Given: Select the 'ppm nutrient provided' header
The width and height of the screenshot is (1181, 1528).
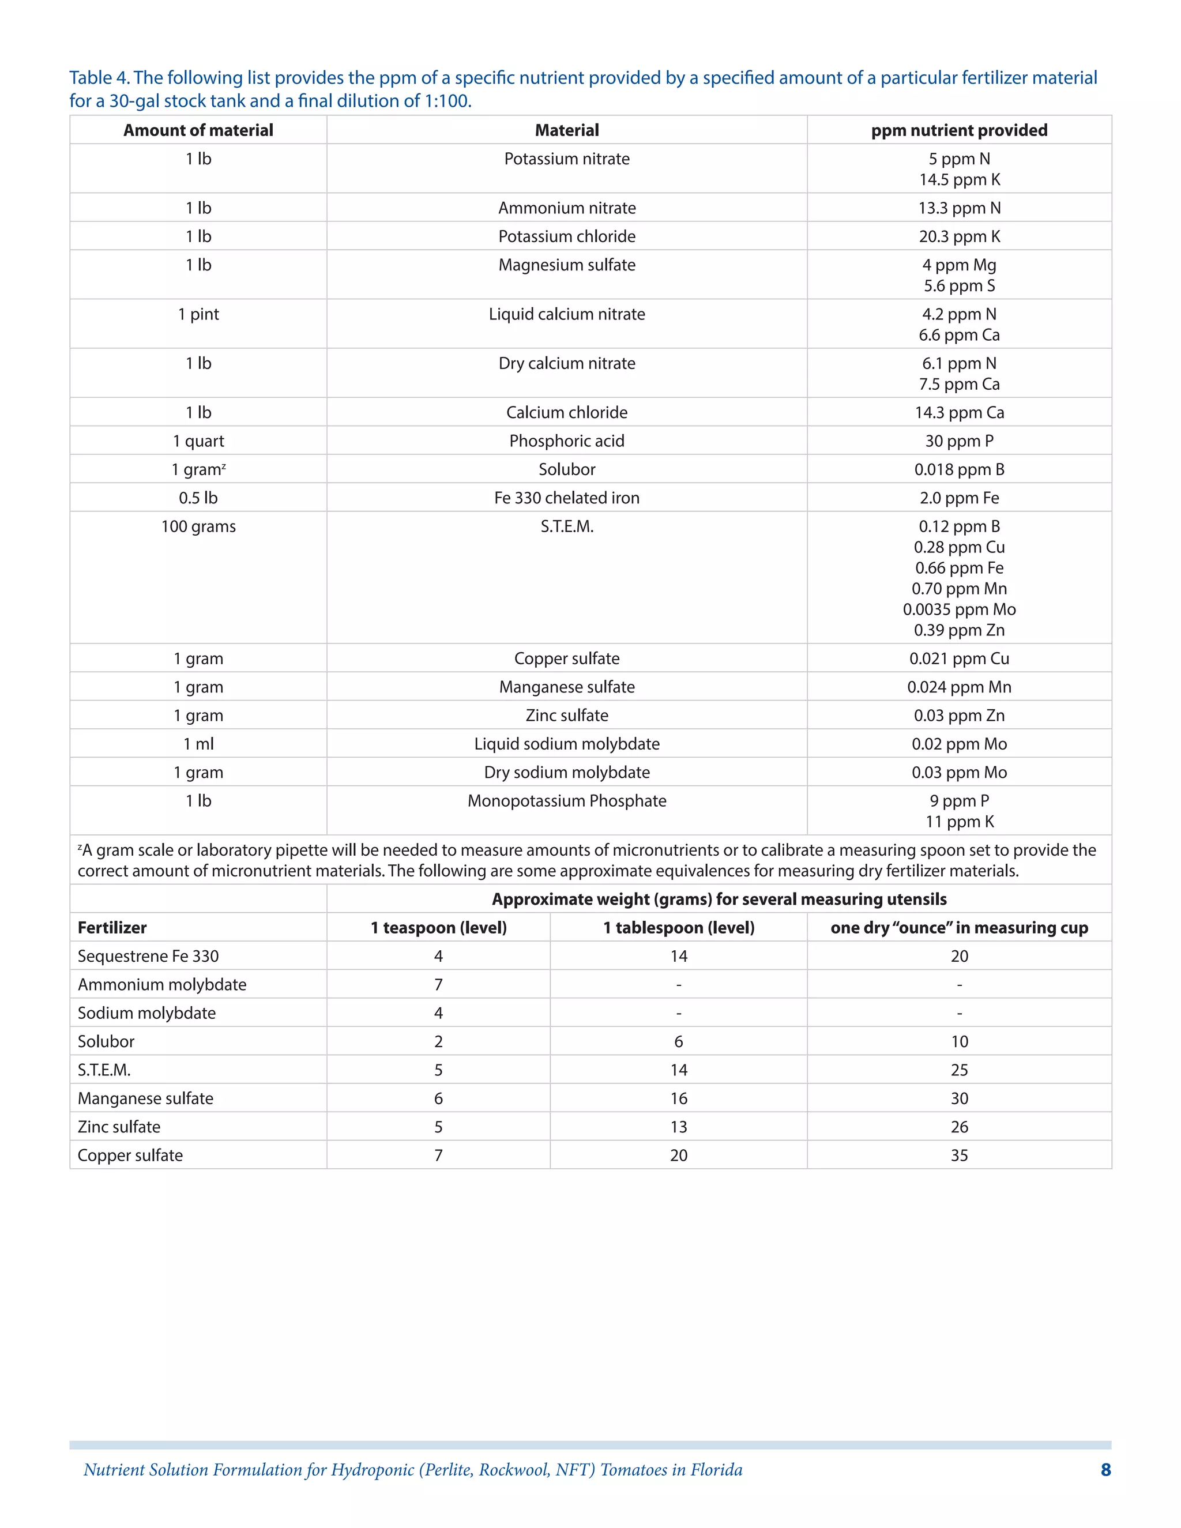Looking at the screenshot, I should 958,130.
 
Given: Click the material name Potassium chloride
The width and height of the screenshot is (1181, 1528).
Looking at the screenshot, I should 567,236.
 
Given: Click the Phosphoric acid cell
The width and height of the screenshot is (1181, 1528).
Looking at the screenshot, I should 567,441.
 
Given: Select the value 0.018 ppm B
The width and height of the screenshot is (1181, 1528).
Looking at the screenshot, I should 958,469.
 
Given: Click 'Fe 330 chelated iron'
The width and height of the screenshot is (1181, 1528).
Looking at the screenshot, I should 567,498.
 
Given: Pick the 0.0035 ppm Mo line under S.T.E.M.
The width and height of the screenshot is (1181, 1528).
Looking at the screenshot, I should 958,609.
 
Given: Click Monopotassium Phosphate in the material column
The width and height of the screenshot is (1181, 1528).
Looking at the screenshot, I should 567,801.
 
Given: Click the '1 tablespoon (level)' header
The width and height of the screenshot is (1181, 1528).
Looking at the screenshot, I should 679,928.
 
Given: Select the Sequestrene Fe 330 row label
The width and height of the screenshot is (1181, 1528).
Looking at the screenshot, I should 148,957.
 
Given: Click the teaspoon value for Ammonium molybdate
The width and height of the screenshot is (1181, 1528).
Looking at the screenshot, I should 438,985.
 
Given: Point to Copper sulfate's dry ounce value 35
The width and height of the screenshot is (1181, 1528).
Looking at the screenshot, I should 958,1156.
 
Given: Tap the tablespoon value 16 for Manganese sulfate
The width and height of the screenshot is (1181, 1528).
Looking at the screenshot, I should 679,1098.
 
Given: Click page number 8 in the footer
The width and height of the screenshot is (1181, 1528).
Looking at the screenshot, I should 1105,1470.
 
